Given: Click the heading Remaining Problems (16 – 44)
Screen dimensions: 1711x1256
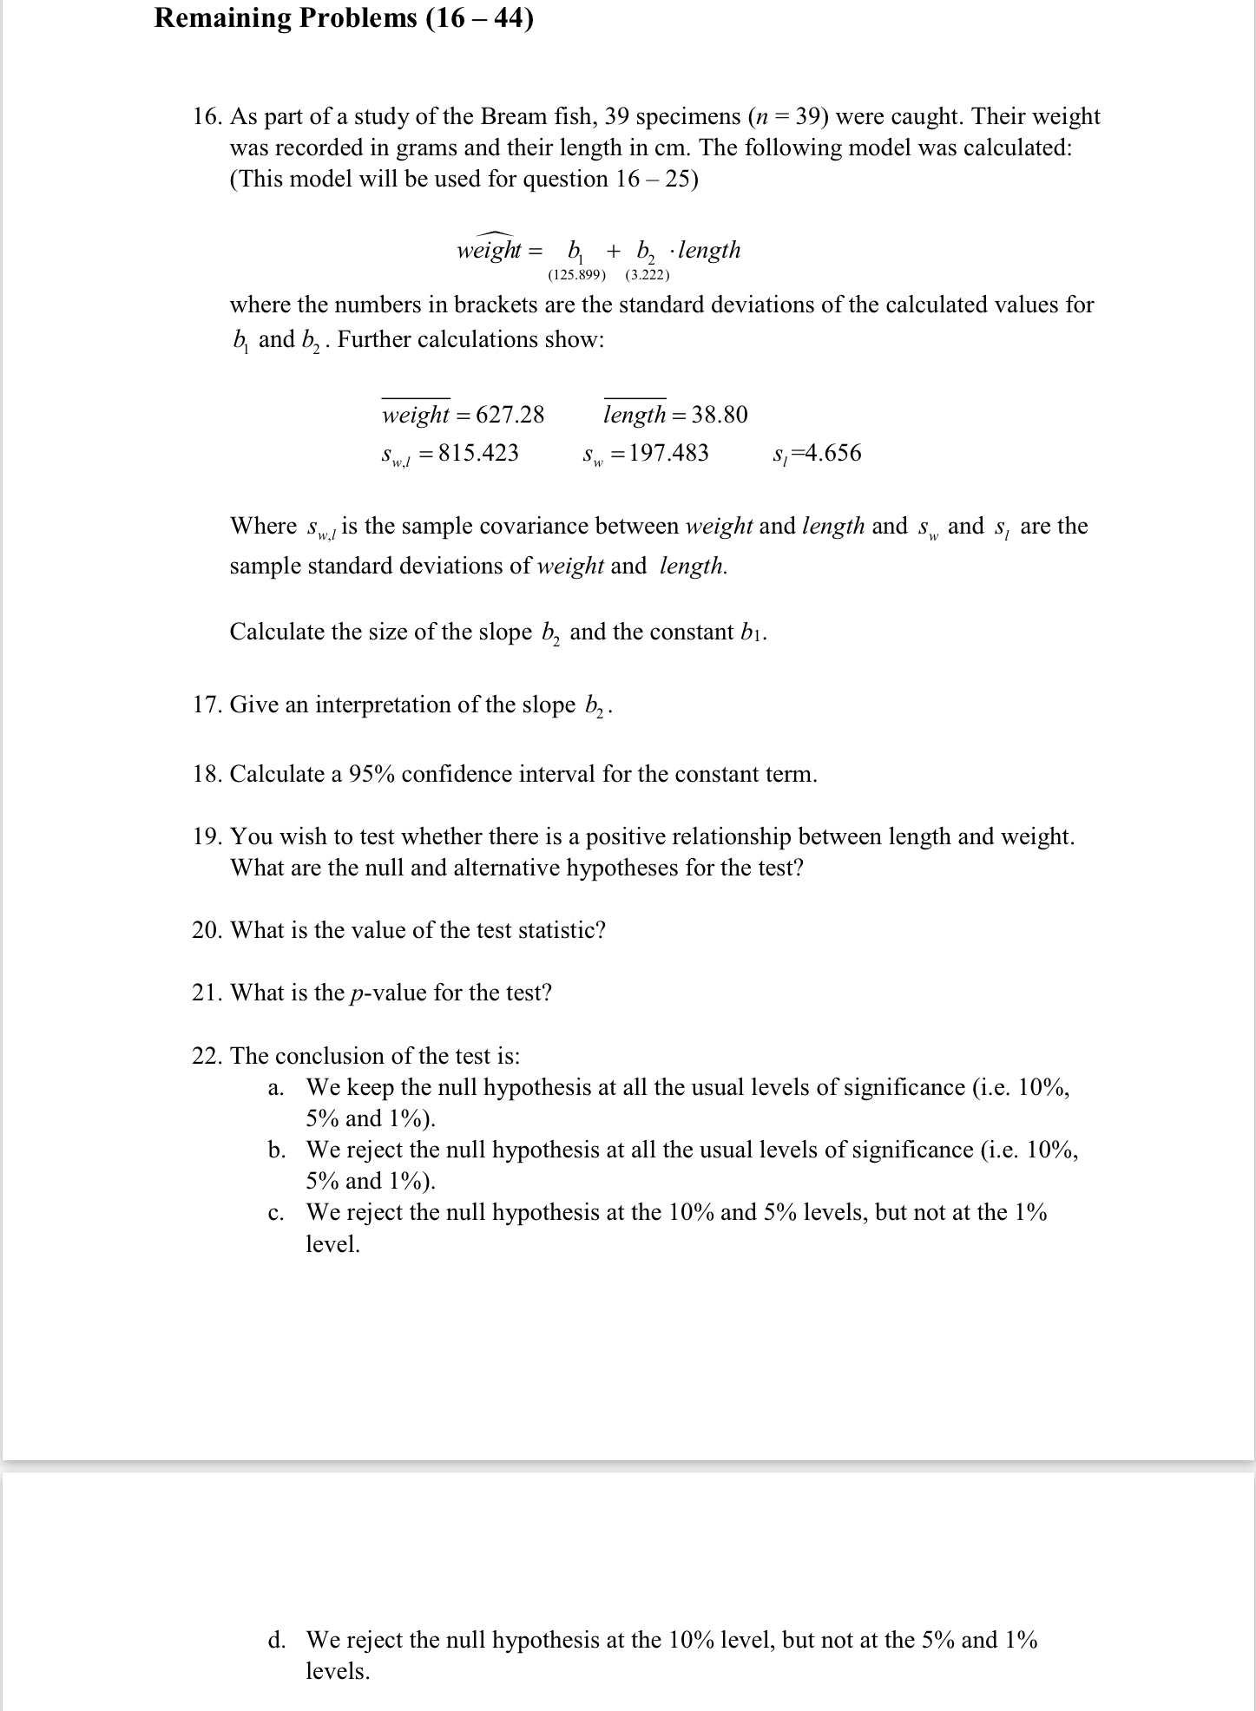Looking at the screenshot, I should [x=344, y=18].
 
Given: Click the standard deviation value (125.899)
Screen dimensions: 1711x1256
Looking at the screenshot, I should [x=576, y=275].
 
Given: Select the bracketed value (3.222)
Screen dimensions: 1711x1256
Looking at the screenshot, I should [x=647, y=275].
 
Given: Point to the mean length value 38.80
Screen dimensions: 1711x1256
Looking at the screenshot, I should [x=720, y=415].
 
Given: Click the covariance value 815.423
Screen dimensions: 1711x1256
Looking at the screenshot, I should [x=478, y=453].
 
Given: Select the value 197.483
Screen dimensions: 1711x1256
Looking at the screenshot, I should [x=668, y=453].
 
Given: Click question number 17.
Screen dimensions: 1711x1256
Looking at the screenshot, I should [x=207, y=705].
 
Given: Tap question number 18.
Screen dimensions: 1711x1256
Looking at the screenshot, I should [x=207, y=774].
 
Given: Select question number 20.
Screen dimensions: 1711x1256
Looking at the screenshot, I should [x=207, y=930].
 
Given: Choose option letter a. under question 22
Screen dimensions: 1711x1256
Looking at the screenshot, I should [x=276, y=1088].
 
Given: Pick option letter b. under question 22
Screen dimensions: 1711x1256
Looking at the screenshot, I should [x=276, y=1150].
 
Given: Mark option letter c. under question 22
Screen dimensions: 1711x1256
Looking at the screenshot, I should [x=276, y=1213].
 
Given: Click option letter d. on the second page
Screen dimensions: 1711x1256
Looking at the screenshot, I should [x=276, y=1640].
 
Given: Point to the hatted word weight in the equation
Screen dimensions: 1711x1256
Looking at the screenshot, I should [x=488, y=251].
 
